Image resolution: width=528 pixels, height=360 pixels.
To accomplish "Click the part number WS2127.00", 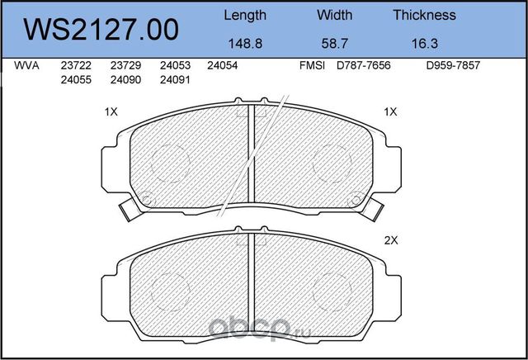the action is point(101,30).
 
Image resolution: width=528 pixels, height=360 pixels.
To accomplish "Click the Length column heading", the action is point(245,16).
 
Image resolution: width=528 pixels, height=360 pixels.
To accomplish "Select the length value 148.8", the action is point(245,44).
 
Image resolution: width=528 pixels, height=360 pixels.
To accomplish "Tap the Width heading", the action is point(334,15).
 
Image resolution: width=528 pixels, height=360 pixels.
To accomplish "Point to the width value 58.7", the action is point(334,44).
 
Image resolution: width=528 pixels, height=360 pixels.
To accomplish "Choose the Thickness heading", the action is point(424,15).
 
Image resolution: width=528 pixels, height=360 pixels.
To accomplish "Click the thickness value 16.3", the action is point(425,44).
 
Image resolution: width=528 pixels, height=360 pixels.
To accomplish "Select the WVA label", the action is point(26,65).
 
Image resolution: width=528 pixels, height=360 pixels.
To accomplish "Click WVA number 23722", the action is point(76,65).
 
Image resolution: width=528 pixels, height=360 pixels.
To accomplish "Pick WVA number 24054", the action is point(222,65).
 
